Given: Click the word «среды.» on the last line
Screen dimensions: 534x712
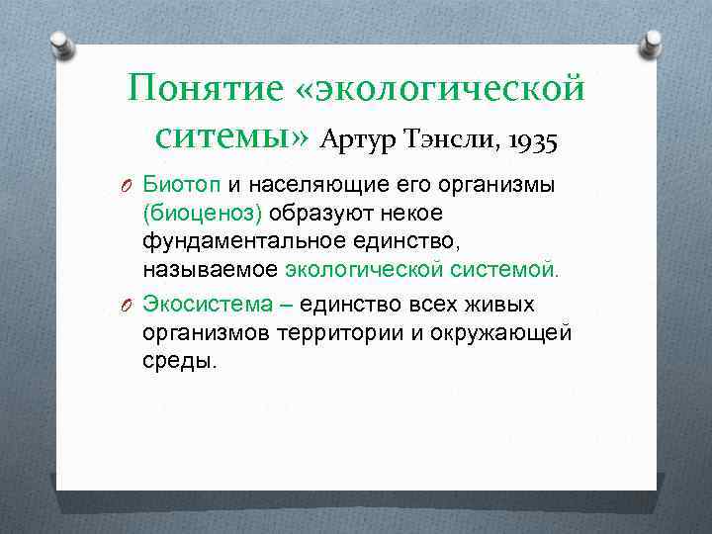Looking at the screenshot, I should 180,361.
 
